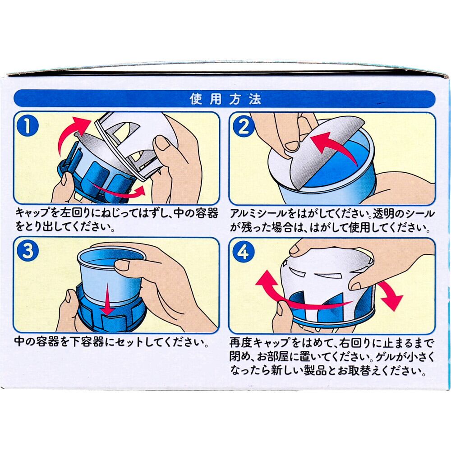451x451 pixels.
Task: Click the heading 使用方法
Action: coord(225,99)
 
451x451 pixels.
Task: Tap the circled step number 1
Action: coord(28,127)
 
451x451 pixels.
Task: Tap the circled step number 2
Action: coord(244,127)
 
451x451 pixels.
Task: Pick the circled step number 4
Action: coord(244,252)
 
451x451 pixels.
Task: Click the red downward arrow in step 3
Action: coord(108,299)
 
